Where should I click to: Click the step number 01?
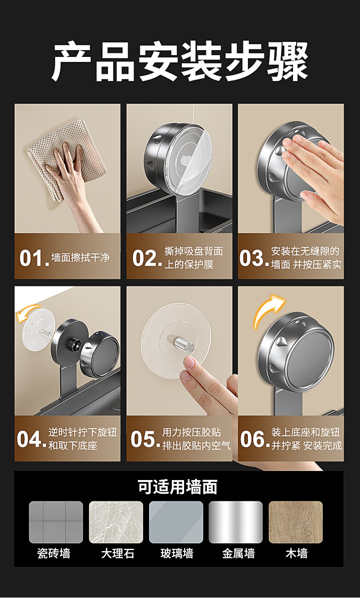(x=34, y=258)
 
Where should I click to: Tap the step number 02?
(x=147, y=258)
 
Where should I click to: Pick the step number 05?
(x=145, y=439)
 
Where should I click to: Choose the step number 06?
(x=255, y=439)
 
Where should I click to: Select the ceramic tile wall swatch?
(x=56, y=522)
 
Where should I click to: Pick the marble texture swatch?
(x=116, y=522)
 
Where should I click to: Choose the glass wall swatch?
(x=176, y=522)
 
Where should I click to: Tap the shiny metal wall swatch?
(x=236, y=522)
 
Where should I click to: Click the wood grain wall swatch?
(x=296, y=522)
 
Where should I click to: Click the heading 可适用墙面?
(x=178, y=487)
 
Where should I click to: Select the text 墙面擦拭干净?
(x=80, y=258)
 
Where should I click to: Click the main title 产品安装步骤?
(x=180, y=61)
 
